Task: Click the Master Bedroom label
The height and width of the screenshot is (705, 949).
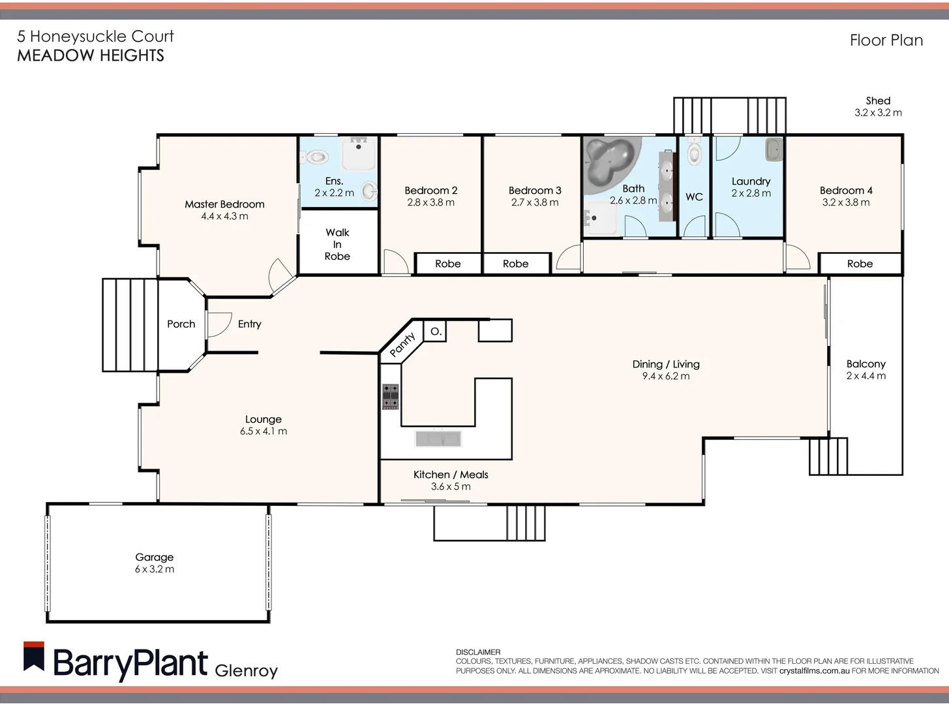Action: [224, 204]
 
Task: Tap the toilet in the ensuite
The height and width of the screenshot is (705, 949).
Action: [316, 157]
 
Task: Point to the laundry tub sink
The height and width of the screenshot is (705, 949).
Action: [774, 149]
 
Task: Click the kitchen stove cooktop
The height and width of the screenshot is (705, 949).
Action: [391, 396]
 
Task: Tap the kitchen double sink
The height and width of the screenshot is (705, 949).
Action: [438, 438]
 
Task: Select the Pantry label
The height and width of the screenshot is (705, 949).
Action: [402, 344]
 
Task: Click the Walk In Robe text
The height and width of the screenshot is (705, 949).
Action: [337, 244]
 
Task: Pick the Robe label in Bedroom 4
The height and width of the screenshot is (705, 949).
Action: [860, 264]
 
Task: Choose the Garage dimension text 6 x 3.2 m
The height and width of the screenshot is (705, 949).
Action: [155, 569]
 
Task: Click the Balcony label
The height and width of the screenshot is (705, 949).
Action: [866, 364]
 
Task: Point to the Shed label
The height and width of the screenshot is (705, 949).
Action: [878, 101]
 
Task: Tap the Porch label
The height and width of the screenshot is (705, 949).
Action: [181, 324]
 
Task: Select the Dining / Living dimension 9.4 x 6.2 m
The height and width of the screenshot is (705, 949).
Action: [665, 376]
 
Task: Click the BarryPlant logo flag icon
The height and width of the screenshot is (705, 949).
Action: [34, 657]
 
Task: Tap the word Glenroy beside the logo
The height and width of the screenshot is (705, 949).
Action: [246, 670]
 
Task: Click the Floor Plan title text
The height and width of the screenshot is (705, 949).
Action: [886, 40]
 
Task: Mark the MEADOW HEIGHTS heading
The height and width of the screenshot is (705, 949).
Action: [91, 55]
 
